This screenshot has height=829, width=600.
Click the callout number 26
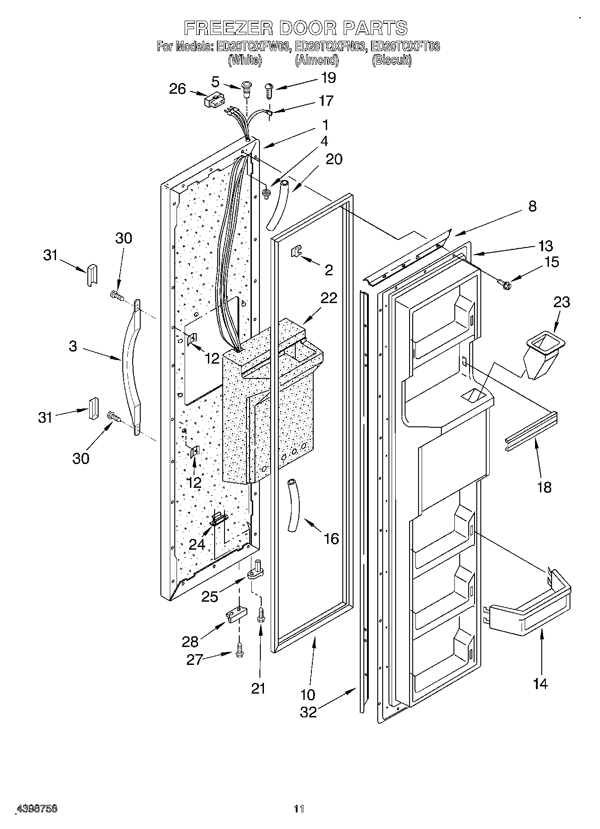(177, 89)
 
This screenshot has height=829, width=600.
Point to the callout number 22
(329, 298)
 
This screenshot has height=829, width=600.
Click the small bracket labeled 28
(237, 615)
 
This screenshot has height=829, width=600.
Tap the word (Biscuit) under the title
(391, 61)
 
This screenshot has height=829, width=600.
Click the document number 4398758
(37, 809)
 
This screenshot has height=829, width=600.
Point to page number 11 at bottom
(299, 809)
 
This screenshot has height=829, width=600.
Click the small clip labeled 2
(295, 252)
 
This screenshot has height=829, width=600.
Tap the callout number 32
(308, 712)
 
